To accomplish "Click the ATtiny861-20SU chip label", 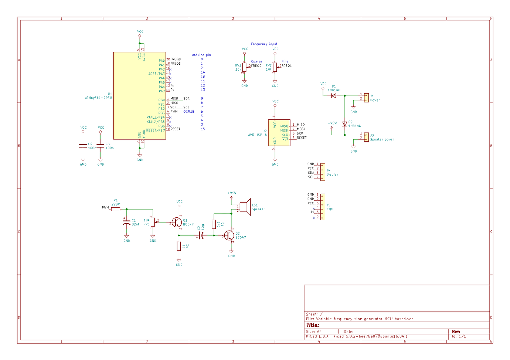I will point(98,98).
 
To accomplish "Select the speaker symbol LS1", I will point(244,207).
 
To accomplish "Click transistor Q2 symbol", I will point(229,235).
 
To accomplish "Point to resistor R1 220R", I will point(116,209).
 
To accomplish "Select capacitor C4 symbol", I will point(83,146).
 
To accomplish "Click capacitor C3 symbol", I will point(101,146).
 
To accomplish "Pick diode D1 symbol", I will point(334,96).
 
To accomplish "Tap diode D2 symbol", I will point(345,124).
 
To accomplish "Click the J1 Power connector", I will point(366,98).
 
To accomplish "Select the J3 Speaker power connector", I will point(366,137).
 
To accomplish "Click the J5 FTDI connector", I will point(323,207).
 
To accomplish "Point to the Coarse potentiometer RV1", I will point(244,67).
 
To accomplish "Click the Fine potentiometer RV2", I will point(275,67).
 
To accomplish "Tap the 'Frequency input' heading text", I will point(264,44).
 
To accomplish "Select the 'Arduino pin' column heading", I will point(201,55).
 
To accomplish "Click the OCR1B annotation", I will point(189,112).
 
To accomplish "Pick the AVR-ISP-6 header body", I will point(279,133).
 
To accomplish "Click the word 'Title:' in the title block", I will point(313,325).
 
